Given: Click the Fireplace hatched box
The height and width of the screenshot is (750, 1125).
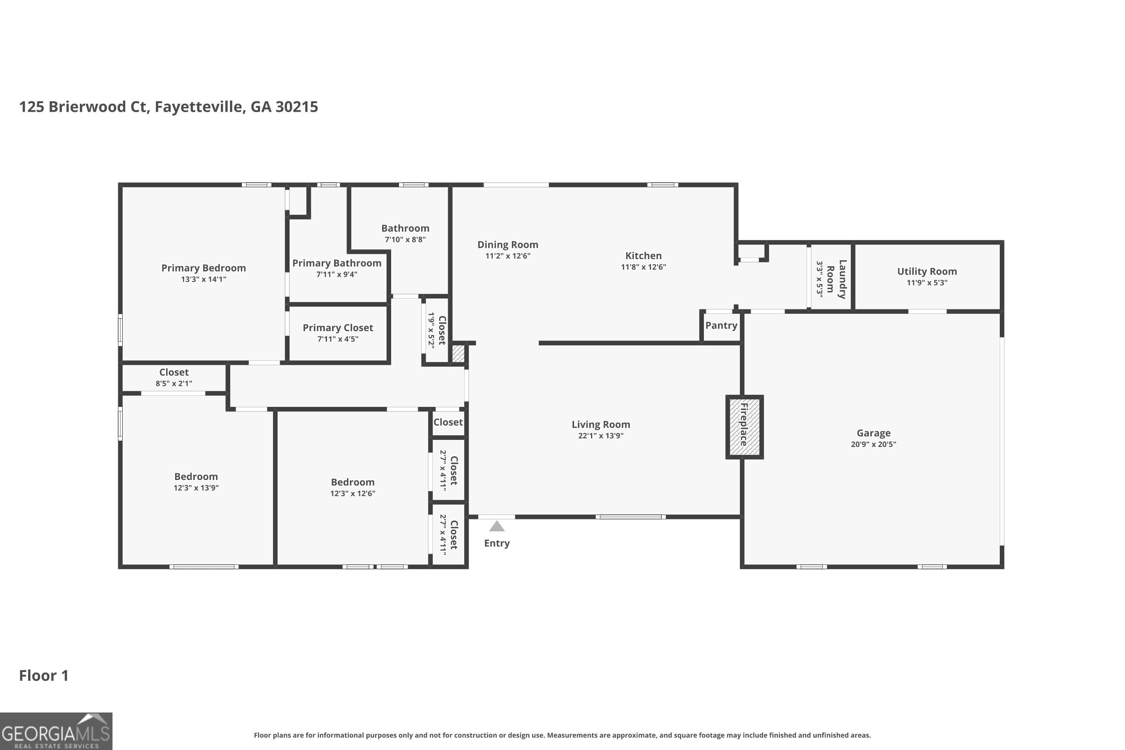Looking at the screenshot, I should point(744,427).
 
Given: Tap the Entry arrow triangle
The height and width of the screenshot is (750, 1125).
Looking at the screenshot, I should point(496,526).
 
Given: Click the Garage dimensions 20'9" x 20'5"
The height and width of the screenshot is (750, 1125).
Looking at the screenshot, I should point(873,444).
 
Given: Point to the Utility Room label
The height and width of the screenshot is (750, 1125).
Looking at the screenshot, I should point(927,271).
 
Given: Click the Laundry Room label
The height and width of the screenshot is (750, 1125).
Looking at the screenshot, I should point(837,279).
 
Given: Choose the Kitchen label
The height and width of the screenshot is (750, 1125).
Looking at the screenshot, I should point(643,256).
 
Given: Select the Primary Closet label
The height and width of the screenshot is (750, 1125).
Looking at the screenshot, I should point(338,328).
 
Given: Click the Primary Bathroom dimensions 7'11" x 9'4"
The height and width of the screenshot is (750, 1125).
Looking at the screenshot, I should point(336,274).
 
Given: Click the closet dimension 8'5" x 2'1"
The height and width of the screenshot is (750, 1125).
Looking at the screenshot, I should point(174,384).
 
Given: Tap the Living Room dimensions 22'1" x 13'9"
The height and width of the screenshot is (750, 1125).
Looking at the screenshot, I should point(600,436).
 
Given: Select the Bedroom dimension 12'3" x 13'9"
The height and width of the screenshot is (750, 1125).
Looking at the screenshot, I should point(196,488).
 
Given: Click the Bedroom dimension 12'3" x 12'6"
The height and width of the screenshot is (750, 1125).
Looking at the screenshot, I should point(352,493).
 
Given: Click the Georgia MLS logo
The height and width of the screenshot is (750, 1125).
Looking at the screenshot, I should point(56,731).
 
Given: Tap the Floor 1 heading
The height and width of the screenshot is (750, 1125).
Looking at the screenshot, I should point(43,676).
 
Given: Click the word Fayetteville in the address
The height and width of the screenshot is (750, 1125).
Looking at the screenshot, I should point(200,106).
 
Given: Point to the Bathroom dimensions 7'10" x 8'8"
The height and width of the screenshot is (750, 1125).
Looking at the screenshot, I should point(405,240).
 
